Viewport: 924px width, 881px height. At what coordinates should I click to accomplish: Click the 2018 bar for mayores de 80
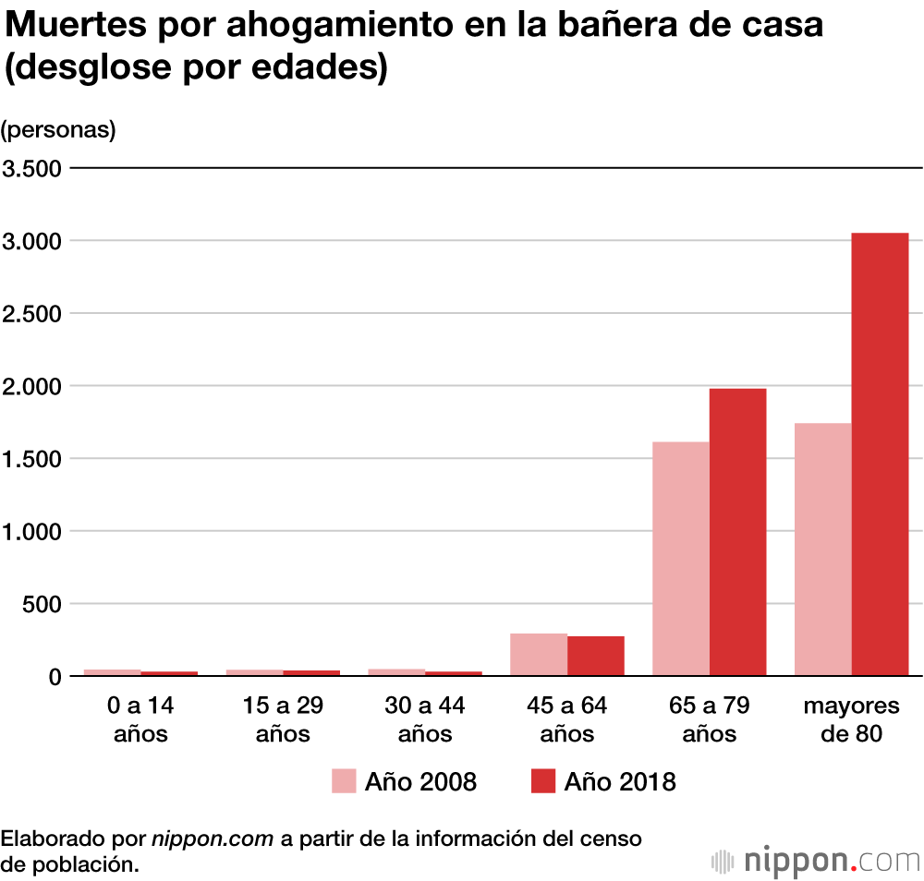coord(880,454)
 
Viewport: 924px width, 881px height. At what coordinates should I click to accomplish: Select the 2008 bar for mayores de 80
coord(822,549)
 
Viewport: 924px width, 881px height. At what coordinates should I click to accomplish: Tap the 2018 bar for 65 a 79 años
coord(737,532)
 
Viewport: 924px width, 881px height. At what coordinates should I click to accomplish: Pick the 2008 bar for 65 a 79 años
coord(680,559)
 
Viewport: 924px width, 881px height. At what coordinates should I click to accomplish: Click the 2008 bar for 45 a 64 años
coord(538,655)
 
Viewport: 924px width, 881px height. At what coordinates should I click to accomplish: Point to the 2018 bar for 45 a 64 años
coord(595,656)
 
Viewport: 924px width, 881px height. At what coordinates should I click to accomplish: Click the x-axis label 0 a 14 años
coord(140,720)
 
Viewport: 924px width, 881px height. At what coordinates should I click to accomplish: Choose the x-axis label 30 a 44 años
coord(425,720)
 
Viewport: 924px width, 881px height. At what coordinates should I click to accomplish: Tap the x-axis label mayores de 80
coord(851,720)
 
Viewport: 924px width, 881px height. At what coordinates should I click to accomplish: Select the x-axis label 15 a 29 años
coord(283,720)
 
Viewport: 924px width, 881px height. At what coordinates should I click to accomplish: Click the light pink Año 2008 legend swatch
coord(344,781)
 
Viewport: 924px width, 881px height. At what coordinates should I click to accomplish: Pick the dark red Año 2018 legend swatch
coord(543,781)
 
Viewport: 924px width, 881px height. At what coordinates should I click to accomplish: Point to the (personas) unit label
coord(58,130)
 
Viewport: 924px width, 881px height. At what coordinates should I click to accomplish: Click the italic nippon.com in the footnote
coord(213,839)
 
